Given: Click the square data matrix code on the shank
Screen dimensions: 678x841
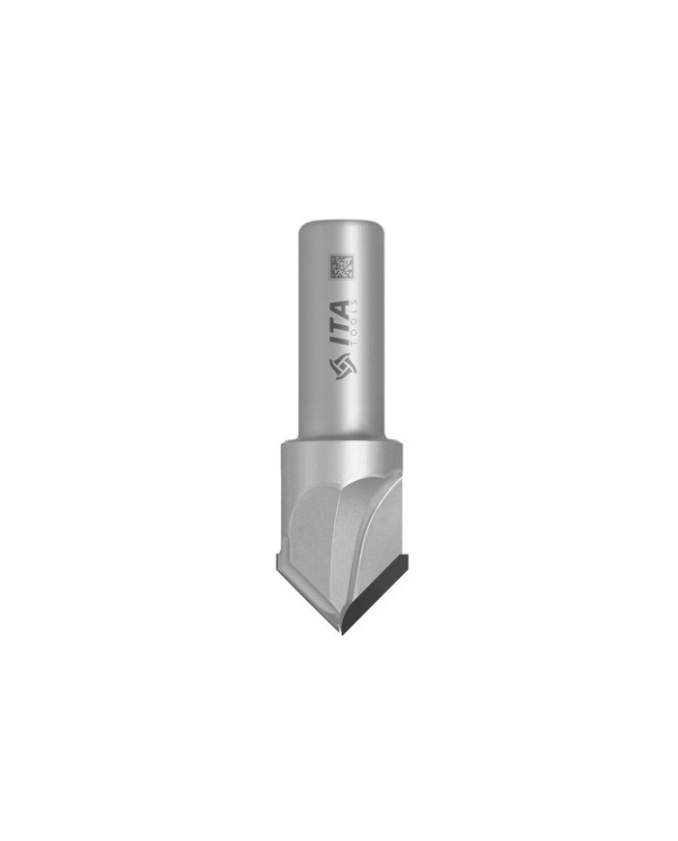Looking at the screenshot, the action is click(342, 266).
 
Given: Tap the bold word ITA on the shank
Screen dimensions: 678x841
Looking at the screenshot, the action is click(339, 324).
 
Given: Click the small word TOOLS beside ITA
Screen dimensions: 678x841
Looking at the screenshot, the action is click(354, 325).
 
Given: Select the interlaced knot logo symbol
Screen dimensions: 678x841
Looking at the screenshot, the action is click(342, 367).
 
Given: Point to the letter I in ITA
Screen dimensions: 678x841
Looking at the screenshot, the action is click(339, 345).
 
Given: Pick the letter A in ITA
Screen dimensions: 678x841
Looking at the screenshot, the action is click(339, 310).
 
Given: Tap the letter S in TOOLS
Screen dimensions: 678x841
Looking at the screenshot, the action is click(354, 303).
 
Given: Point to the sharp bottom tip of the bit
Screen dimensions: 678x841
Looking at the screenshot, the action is click(342, 635).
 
